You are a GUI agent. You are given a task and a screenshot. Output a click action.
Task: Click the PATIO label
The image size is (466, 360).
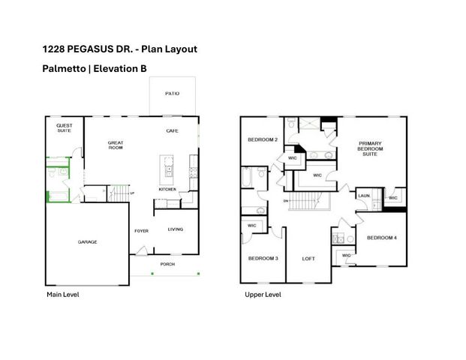[x=172, y=94]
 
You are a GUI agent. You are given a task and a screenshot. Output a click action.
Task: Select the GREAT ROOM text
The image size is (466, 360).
[x=116, y=145]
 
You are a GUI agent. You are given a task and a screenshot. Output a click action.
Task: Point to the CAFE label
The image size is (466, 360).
[x=171, y=131]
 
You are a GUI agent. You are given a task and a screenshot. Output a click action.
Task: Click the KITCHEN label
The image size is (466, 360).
[x=167, y=189]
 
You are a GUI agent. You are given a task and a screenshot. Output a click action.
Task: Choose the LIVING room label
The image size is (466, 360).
[x=175, y=229]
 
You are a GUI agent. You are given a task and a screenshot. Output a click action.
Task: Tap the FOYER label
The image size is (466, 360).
[x=141, y=231]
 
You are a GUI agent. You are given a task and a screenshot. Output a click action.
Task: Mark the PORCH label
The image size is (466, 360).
[x=168, y=264]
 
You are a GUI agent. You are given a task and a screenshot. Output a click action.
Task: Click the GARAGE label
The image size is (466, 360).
[x=88, y=241]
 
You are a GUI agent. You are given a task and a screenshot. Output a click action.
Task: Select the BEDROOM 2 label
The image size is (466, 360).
[x=263, y=139]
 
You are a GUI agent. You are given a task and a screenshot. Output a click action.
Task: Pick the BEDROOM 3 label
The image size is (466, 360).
[x=263, y=258]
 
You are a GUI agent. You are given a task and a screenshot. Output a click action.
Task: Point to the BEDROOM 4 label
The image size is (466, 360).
[x=380, y=238]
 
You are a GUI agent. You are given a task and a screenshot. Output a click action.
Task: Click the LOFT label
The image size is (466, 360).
[x=308, y=258]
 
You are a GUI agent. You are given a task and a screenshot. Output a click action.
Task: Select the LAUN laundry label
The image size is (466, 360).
[x=363, y=196]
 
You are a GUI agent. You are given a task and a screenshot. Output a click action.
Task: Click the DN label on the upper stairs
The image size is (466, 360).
[x=286, y=201]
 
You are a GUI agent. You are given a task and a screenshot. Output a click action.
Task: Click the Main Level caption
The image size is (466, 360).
[x=63, y=295]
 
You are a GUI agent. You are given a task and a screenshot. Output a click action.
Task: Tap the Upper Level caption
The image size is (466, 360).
[x=263, y=295]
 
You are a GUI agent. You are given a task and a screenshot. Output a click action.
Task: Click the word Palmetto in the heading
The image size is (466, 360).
[x=64, y=68]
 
